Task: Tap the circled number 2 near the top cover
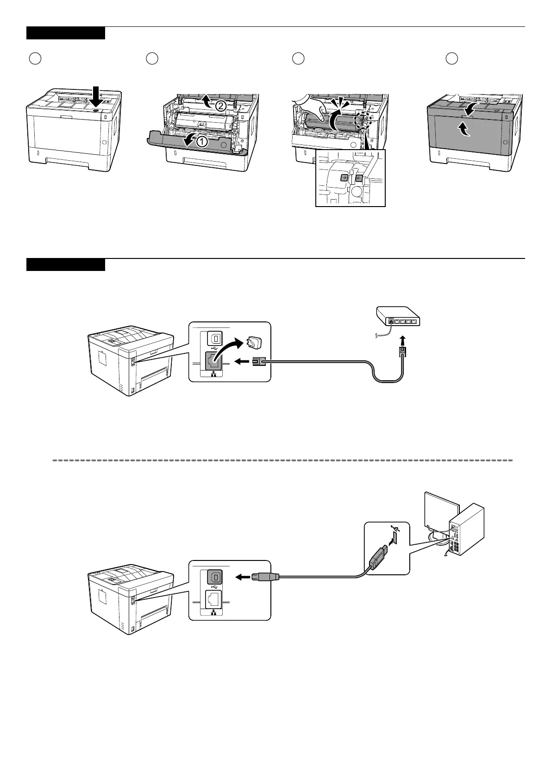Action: [x=221, y=106]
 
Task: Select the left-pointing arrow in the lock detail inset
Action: [x=358, y=177]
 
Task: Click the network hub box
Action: [x=398, y=318]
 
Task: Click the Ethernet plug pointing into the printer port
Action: [x=257, y=363]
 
